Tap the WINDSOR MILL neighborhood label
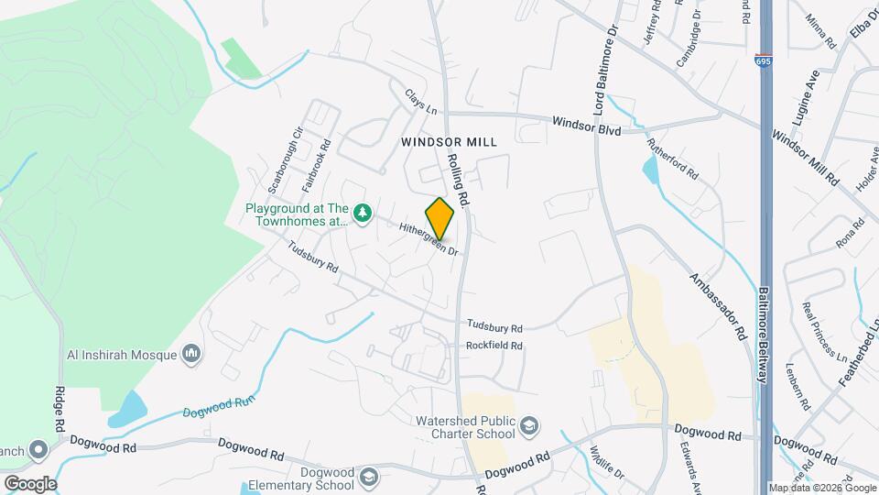point(449,142)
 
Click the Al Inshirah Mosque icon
point(191,353)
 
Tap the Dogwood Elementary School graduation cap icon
point(367,478)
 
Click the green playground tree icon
point(363,213)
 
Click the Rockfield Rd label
point(494,346)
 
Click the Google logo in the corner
point(29,483)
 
